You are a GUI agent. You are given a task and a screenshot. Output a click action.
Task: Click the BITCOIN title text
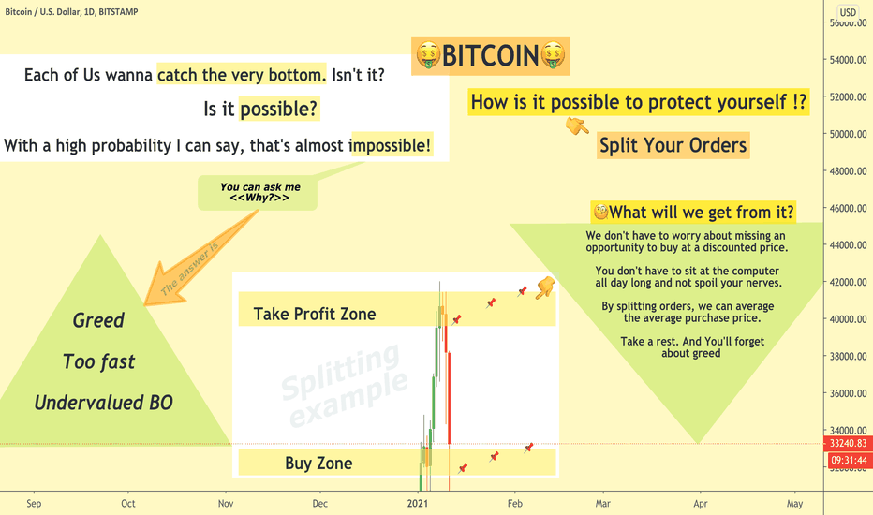pyautogui.click(x=490, y=55)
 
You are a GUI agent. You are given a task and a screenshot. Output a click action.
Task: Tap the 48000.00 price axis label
pyautogui.click(x=848, y=171)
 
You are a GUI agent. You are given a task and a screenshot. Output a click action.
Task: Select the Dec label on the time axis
pyautogui.click(x=319, y=504)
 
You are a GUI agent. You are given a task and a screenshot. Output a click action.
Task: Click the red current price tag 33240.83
pyautogui.click(x=848, y=443)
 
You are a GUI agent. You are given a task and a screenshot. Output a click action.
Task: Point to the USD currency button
pyautogui.click(x=848, y=12)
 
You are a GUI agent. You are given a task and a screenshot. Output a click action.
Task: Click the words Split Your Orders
pyautogui.click(x=673, y=145)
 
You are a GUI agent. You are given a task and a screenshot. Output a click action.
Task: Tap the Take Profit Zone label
pyautogui.click(x=315, y=314)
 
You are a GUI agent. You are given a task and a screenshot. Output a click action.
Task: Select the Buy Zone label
pyautogui.click(x=318, y=463)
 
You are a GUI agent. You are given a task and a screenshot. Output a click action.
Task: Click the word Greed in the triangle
pyautogui.click(x=98, y=320)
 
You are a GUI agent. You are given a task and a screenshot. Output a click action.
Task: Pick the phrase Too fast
pyautogui.click(x=98, y=361)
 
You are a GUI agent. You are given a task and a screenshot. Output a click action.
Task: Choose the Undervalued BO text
pyautogui.click(x=104, y=403)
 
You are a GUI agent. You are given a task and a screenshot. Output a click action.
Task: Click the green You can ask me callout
pyautogui.click(x=258, y=193)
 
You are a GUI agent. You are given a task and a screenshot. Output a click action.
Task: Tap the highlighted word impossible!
pyautogui.click(x=391, y=145)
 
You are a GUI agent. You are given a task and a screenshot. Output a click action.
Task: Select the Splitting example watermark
pyautogui.click(x=344, y=386)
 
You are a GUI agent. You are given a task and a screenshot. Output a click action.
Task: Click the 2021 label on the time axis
pyautogui.click(x=418, y=504)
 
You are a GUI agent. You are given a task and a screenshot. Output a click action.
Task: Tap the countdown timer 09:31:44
pyautogui.click(x=848, y=461)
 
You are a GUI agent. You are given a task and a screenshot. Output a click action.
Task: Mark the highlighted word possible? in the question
pyautogui.click(x=278, y=110)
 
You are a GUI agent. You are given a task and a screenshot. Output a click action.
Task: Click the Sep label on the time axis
pyautogui.click(x=34, y=504)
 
